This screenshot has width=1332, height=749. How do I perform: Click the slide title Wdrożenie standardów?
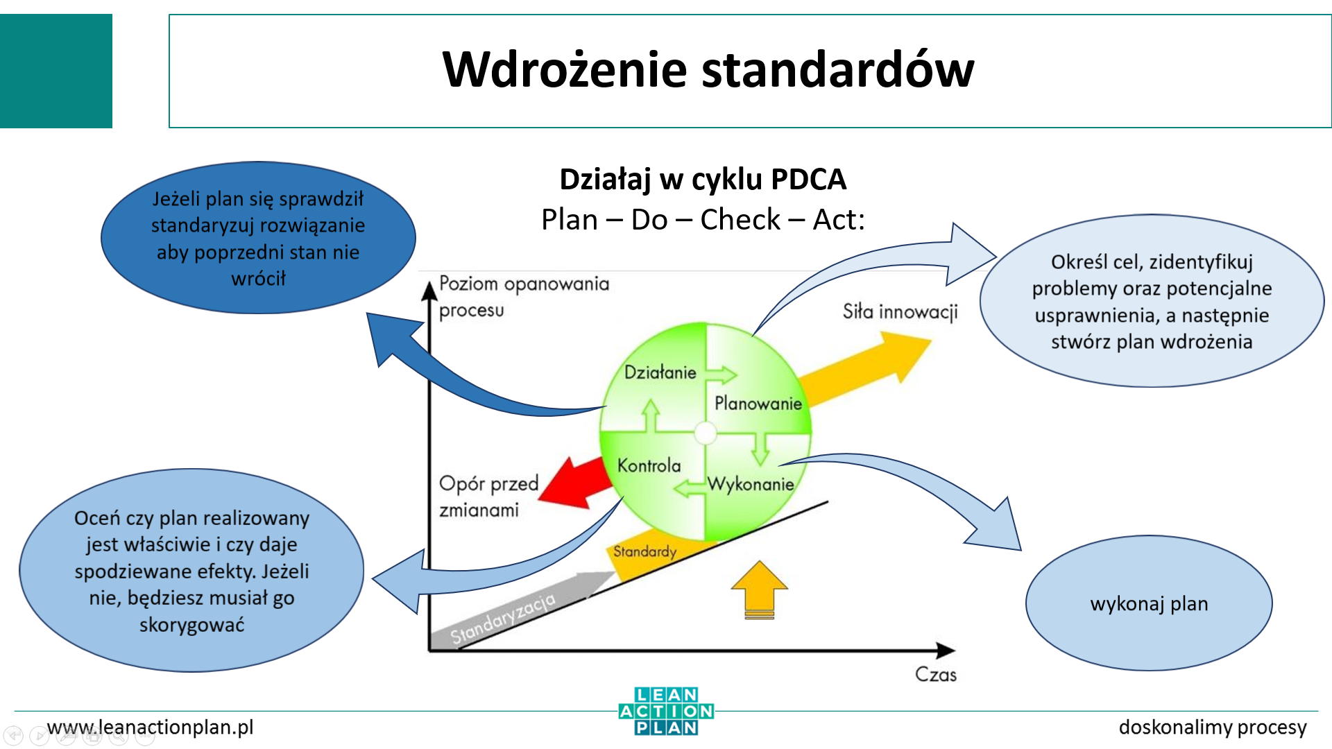pyautogui.click(x=708, y=70)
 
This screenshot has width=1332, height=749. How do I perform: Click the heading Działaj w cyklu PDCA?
pyautogui.click(x=702, y=179)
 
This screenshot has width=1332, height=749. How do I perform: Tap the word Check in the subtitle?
pyautogui.click(x=740, y=220)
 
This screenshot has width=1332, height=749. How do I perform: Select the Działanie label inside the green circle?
pyautogui.click(x=660, y=372)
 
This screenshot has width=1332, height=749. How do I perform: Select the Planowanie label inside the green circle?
pyautogui.click(x=758, y=403)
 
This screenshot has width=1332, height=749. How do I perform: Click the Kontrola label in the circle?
pyautogui.click(x=649, y=465)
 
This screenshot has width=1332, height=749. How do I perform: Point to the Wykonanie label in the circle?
pyautogui.click(x=751, y=484)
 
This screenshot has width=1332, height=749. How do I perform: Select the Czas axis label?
pyautogui.click(x=935, y=674)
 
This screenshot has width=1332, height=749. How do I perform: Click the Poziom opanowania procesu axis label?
pyautogui.click(x=523, y=296)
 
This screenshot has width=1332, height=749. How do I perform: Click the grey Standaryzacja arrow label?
pyautogui.click(x=503, y=619)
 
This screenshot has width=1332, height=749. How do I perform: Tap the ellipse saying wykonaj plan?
pyautogui.click(x=1149, y=603)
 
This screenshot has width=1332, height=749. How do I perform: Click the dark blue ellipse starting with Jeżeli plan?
pyautogui.click(x=258, y=238)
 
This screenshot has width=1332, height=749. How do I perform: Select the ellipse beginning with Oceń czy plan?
pyautogui.click(x=191, y=570)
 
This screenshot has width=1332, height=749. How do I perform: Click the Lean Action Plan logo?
pyautogui.click(x=666, y=711)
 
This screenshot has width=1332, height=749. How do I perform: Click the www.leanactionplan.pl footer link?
pyautogui.click(x=150, y=727)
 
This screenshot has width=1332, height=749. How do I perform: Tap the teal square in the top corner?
pyautogui.click(x=55, y=71)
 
